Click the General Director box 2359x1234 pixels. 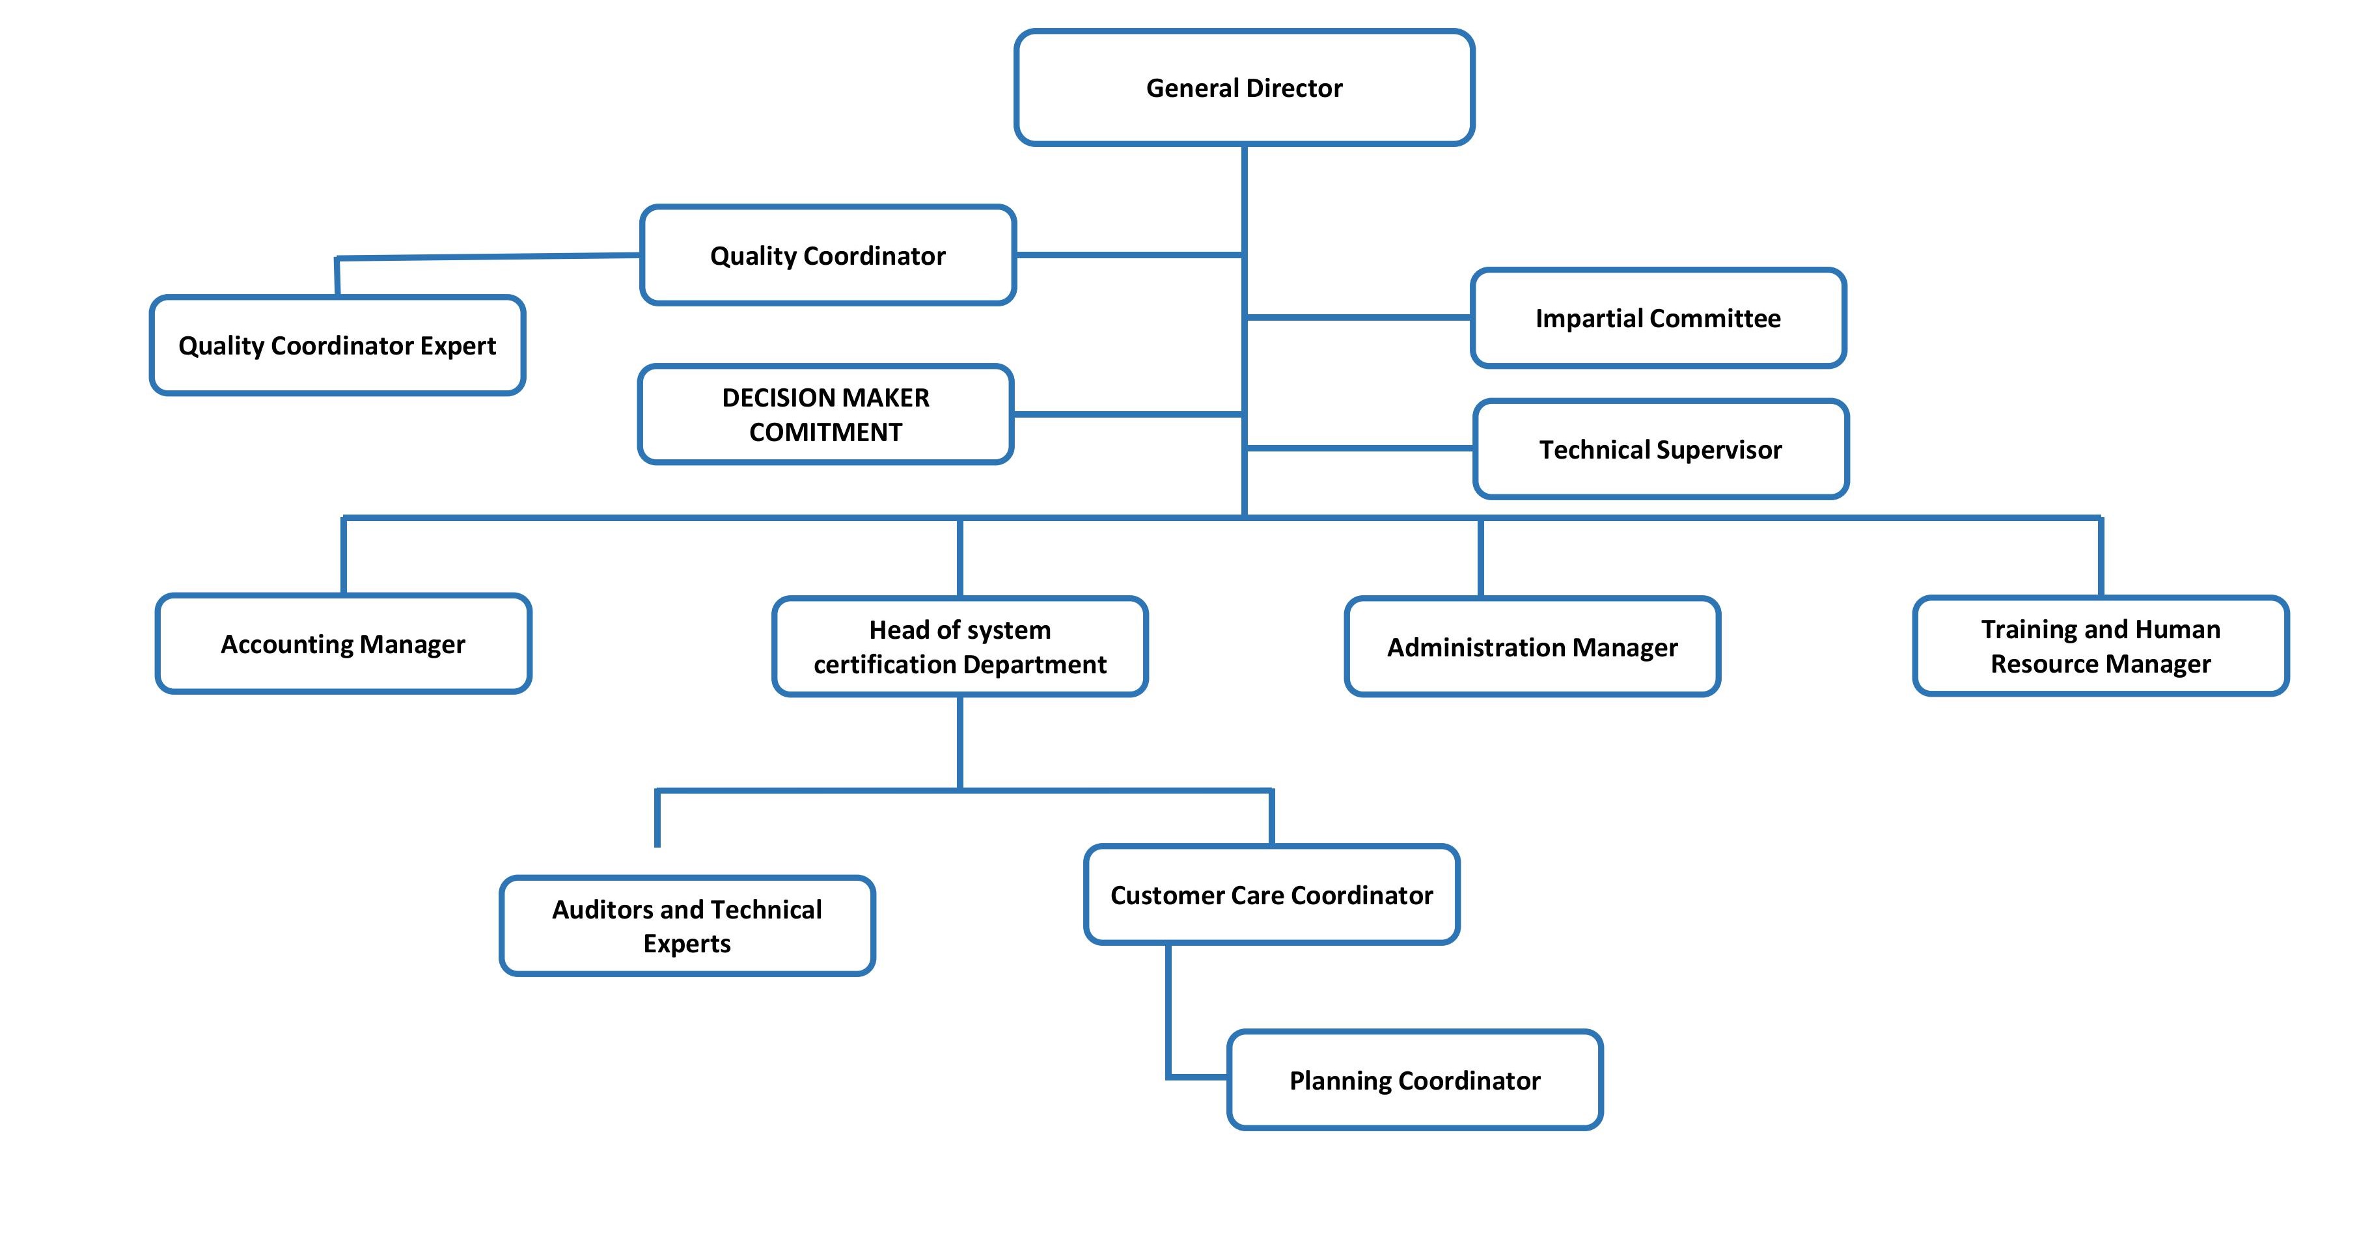(x=1243, y=88)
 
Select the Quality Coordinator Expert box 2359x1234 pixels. (x=337, y=345)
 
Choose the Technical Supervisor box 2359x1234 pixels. (x=1661, y=449)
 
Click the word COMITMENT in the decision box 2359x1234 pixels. (x=825, y=432)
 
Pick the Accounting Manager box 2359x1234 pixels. (x=344, y=643)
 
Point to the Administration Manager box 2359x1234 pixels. (x=1532, y=647)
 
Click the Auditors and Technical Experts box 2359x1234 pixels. (x=687, y=926)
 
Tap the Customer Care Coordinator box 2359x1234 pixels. (x=1271, y=894)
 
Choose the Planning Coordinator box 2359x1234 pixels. (x=1415, y=1080)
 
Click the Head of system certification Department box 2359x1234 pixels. (x=959, y=647)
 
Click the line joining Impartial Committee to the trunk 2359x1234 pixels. (x=1359, y=317)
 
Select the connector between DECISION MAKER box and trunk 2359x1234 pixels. (x=1127, y=414)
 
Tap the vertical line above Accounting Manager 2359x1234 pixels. (x=344, y=556)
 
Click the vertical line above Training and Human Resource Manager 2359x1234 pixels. (x=2100, y=557)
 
